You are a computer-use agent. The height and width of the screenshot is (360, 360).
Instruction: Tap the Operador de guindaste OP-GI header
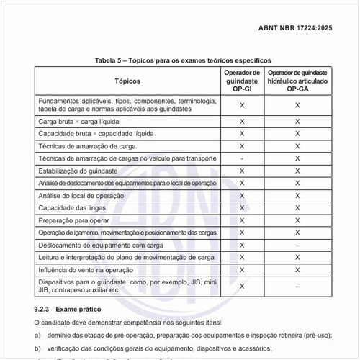[x=242, y=82]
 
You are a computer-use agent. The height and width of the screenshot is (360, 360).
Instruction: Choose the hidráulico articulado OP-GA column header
[x=297, y=82]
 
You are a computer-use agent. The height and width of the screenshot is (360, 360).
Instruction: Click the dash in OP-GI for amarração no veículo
[x=242, y=158]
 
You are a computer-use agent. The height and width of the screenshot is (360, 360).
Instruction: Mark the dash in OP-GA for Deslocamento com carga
[x=297, y=245]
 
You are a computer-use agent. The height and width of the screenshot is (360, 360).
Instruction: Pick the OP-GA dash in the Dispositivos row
[x=297, y=286]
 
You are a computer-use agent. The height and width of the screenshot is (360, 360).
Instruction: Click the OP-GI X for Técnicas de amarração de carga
[x=242, y=146]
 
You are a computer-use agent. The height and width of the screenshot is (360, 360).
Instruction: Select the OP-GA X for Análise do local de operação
[x=297, y=196]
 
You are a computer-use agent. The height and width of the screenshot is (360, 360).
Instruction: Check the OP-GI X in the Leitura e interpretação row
[x=242, y=257]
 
